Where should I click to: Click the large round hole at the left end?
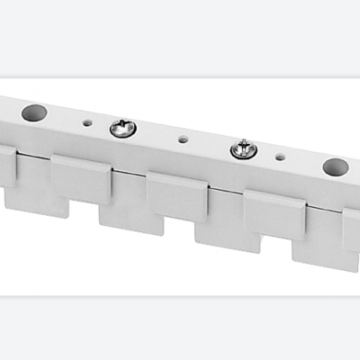click(x=34, y=113)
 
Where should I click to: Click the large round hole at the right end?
click(x=335, y=166)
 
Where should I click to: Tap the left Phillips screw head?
click(x=123, y=129)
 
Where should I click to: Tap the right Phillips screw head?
click(x=243, y=149)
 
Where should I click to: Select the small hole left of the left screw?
click(x=86, y=123)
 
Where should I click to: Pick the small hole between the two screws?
click(x=183, y=139)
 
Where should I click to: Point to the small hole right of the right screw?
click(x=281, y=157)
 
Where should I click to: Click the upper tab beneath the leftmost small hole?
click(x=81, y=178)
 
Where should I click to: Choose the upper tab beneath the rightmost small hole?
click(x=274, y=214)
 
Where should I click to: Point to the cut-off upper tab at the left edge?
click(x=7, y=166)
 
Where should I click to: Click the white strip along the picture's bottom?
click(x=180, y=328)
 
